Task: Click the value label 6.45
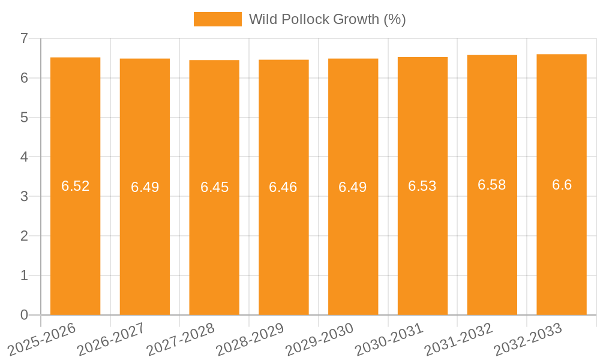(x=214, y=187)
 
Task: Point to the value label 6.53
(x=422, y=186)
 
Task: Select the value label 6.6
(x=562, y=185)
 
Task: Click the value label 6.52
(x=75, y=186)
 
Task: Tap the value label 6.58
(x=492, y=185)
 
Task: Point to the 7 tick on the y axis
(x=25, y=38)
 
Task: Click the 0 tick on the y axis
(x=25, y=315)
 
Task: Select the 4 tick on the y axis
(x=25, y=157)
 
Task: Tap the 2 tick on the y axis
(x=25, y=236)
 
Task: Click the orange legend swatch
(x=217, y=19)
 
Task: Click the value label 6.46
(x=283, y=187)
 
